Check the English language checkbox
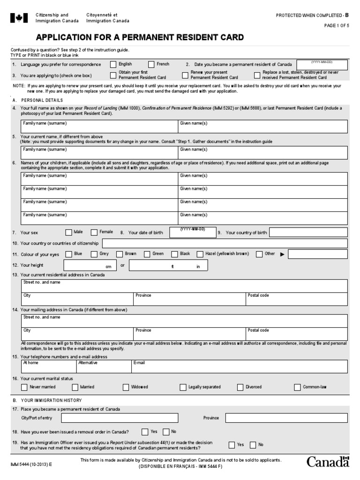click(113, 65)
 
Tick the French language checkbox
click(151, 65)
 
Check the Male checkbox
click(69, 232)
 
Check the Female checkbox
click(94, 232)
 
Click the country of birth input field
click(308, 232)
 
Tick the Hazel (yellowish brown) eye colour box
click(200, 254)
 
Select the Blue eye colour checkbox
click(69, 254)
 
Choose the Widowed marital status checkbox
click(126, 387)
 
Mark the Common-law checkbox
click(297, 387)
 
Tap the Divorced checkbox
click(240, 387)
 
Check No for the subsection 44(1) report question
click(253, 445)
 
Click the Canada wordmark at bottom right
click(328, 462)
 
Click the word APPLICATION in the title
click(66, 38)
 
